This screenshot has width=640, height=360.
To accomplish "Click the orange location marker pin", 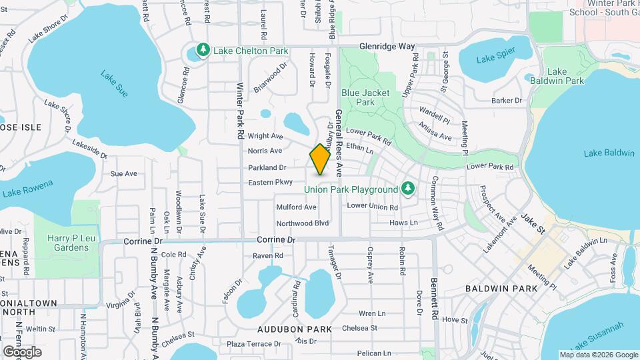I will pos(320,159).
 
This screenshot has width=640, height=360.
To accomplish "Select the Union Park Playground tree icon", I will pos(408,189).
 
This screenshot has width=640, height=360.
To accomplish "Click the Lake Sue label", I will pos(113,84).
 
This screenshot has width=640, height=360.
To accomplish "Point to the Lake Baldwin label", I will pos(609,153).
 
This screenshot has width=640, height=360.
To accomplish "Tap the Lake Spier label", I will pos(496,59).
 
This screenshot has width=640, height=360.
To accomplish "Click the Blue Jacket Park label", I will pos(365,97).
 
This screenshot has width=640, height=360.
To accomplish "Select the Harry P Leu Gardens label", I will pos(68,243).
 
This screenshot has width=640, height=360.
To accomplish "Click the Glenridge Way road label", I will pos(387,47).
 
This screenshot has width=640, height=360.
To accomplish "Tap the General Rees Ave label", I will pos(339,143).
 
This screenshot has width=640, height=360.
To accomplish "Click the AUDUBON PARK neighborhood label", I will pos(294,329).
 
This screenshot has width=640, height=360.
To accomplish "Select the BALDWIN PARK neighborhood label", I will pos(492,289).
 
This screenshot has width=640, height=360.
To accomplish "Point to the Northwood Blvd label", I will pos(303,223).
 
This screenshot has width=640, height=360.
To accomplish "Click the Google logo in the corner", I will pos(22,351).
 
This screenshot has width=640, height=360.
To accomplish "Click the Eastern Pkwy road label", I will pos(271,182).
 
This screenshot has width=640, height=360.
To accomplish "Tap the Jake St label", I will pos(533,218).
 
